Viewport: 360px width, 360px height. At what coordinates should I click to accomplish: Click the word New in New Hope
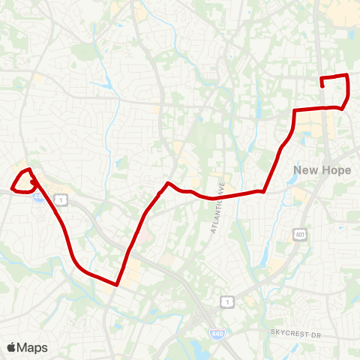coord(306,170)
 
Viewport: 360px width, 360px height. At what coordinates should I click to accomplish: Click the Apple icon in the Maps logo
coord(11,347)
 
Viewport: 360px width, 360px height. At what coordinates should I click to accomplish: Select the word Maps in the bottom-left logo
coord(32,347)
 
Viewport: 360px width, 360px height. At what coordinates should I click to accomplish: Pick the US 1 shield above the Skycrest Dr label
coord(226,301)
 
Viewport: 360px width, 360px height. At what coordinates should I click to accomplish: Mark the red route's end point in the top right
coord(322,86)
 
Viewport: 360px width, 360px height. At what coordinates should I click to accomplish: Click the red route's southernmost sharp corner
coord(118,284)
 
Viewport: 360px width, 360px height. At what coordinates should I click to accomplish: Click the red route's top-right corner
coord(346,75)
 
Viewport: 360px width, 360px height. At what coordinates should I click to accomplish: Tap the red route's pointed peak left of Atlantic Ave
coord(168,183)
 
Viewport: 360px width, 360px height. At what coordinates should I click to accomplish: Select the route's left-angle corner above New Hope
coord(292,111)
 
